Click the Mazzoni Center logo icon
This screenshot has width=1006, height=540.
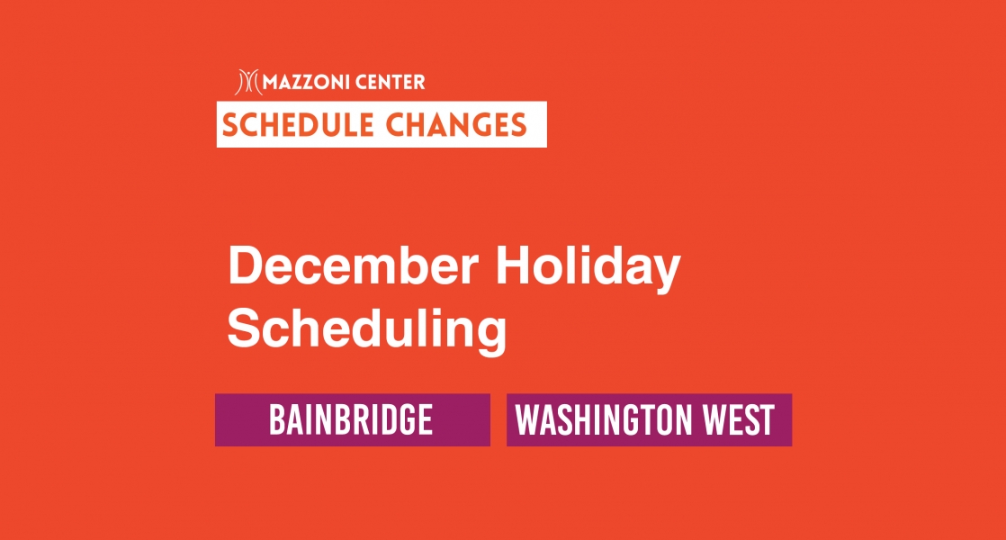248,82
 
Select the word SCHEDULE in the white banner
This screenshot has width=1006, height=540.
299,124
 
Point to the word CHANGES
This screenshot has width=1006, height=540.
456,124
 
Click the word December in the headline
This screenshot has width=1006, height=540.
354,266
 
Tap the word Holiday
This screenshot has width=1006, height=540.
588,269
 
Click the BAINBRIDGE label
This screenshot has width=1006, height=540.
351,419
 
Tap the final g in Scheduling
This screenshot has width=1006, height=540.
492,337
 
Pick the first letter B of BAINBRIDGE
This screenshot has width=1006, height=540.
276,419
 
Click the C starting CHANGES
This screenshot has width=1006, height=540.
396,124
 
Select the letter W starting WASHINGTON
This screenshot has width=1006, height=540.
528,419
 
